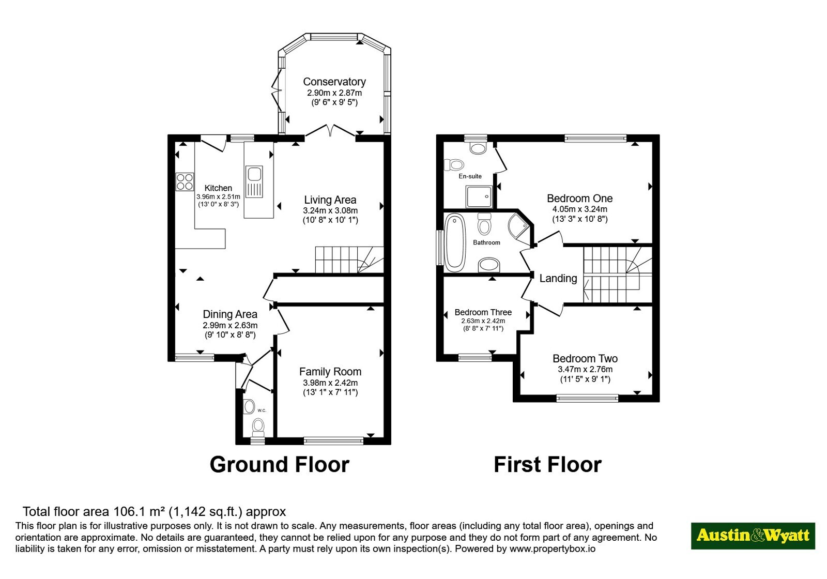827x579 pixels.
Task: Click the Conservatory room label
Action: click(x=334, y=82)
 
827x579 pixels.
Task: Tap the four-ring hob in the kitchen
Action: click(x=185, y=181)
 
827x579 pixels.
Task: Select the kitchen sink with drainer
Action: click(x=254, y=182)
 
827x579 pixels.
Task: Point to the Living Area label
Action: click(x=330, y=200)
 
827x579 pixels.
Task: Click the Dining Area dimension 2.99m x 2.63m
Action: click(x=230, y=326)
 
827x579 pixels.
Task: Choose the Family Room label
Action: click(x=330, y=372)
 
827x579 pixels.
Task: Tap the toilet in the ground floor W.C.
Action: click(x=258, y=426)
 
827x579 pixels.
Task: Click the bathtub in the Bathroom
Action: click(x=455, y=242)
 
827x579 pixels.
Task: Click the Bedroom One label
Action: click(x=579, y=199)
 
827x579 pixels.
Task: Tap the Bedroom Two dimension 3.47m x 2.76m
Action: click(x=585, y=369)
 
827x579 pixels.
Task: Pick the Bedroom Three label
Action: click(x=483, y=312)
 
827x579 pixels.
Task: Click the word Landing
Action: click(x=558, y=279)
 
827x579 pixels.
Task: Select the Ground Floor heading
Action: click(x=280, y=465)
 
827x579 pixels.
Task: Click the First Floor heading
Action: click(x=547, y=465)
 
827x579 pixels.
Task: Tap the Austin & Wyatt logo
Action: click(x=753, y=536)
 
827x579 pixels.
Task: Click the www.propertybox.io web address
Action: click(x=553, y=548)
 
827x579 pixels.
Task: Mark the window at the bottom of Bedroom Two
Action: click(x=587, y=399)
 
